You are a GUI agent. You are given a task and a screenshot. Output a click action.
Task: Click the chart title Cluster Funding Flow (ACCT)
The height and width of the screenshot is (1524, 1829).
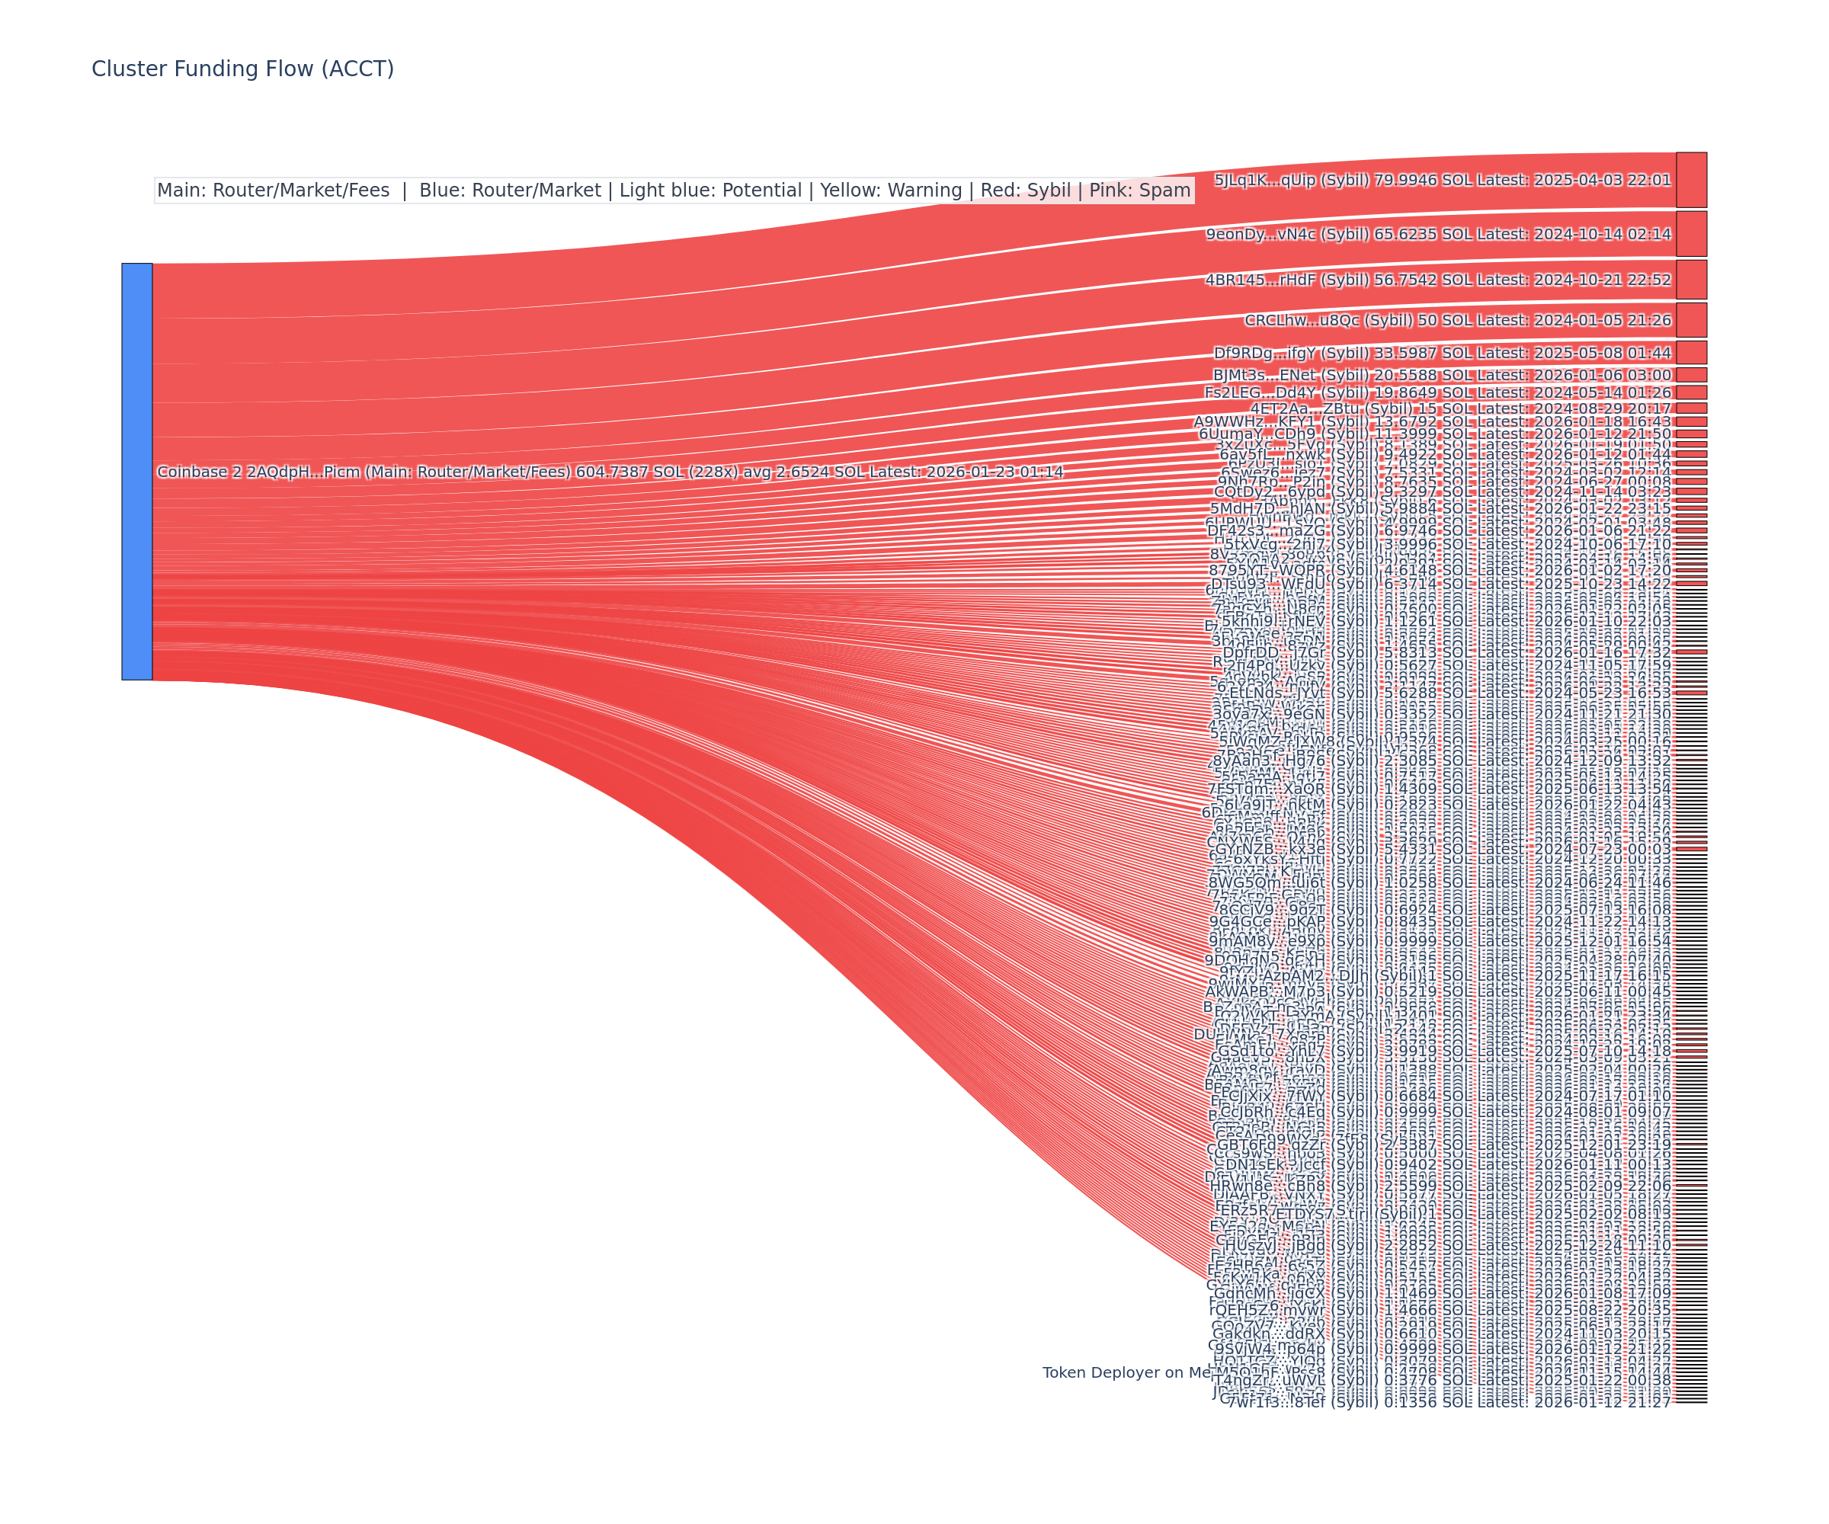click(x=242, y=69)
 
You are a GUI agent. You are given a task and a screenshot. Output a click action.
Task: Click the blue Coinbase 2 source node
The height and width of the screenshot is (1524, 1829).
click(x=136, y=471)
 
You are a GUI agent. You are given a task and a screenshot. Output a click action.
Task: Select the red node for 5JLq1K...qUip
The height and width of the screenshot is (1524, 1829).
click(x=1690, y=181)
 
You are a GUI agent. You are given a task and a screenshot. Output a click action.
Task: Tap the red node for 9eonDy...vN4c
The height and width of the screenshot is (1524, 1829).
click(x=1690, y=233)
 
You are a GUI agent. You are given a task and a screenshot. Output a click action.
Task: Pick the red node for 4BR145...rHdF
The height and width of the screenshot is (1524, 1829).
click(x=1690, y=280)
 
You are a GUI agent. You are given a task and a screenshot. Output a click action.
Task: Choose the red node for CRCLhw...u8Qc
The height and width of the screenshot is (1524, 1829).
click(x=1690, y=319)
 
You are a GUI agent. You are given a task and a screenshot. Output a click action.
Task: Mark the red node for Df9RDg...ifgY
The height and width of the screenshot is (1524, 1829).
click(x=1690, y=353)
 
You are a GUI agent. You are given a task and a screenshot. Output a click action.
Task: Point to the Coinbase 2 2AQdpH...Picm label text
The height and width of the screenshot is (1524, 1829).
click(x=610, y=472)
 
